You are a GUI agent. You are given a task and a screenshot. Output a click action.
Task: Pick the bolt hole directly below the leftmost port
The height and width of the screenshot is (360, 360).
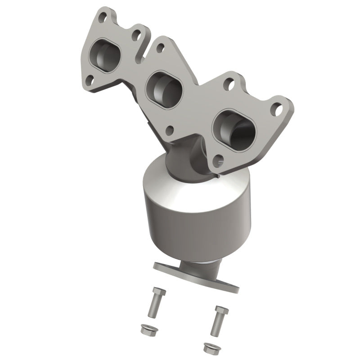pos(90,80)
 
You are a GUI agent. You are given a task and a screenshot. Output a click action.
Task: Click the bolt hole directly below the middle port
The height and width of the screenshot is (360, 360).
pos(170,131)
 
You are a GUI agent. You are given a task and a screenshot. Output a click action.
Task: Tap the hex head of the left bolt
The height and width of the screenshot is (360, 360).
pos(158,292)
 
